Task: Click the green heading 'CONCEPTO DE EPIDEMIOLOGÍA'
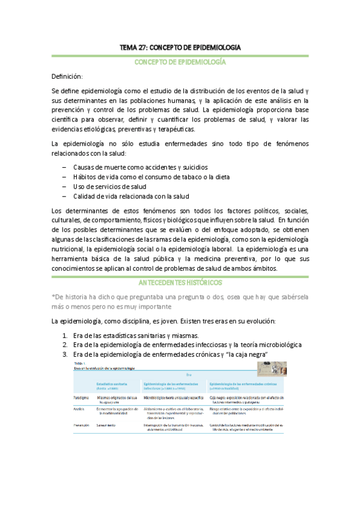tap(180, 62)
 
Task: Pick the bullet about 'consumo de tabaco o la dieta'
tap(151, 176)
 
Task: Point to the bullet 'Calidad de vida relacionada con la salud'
tap(131, 196)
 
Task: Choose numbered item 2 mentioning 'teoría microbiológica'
tap(186, 345)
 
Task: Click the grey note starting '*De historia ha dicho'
tap(180, 300)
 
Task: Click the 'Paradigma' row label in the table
tap(82, 398)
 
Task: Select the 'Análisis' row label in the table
tap(80, 408)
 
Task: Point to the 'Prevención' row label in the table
tap(82, 425)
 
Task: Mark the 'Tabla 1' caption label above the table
tap(79, 363)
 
